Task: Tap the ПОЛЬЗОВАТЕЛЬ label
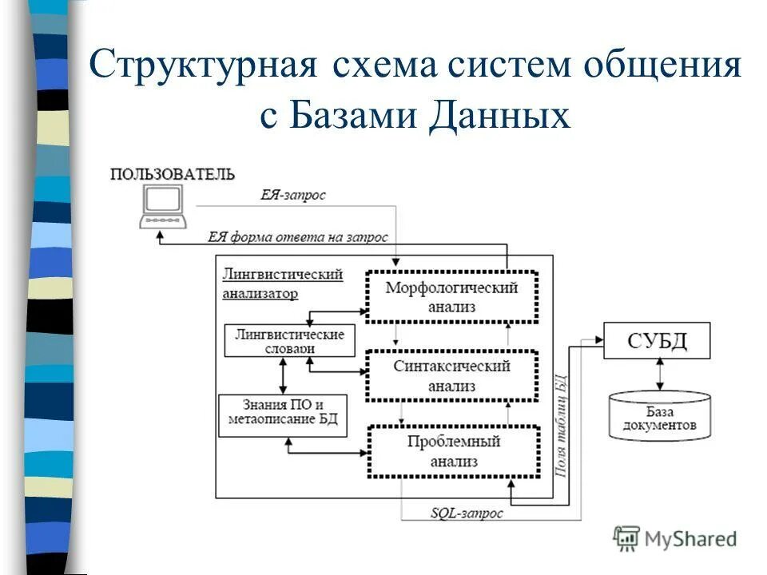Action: tap(172, 174)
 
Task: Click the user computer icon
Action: tap(163, 205)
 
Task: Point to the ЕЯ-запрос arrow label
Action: tap(293, 195)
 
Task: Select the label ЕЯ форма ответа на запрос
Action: tap(298, 236)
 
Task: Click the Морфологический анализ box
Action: tap(451, 296)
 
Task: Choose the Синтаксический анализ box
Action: tap(451, 375)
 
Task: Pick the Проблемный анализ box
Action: tap(453, 452)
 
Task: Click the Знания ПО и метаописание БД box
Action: tap(283, 414)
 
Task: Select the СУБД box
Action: tap(657, 341)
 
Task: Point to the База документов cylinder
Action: tap(659, 415)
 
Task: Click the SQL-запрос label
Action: tap(467, 514)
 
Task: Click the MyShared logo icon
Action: tap(627, 538)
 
